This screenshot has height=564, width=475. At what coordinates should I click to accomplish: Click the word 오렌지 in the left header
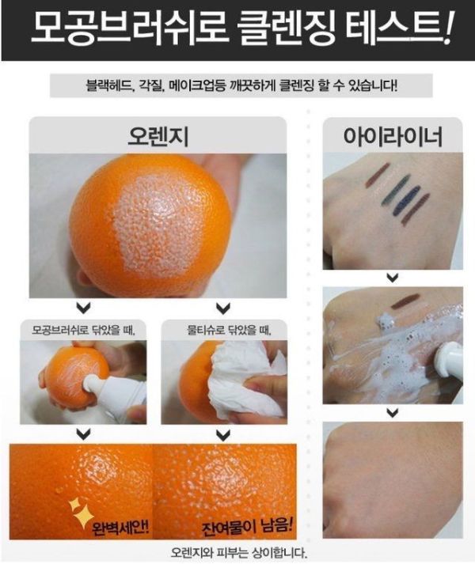pos(158,136)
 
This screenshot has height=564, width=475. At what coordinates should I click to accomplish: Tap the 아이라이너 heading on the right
pos(393,136)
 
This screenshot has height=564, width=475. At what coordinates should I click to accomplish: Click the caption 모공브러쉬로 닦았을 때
pos(84,330)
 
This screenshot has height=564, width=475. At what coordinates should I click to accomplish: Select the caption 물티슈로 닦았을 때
pos(229,330)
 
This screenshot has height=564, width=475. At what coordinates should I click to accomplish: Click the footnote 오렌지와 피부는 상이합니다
pos(239,552)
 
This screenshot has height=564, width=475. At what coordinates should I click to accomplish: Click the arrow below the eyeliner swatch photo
pos(393,278)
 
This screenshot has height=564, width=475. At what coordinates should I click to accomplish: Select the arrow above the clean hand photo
pos(393,412)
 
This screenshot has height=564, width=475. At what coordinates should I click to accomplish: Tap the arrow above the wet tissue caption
pos(223,308)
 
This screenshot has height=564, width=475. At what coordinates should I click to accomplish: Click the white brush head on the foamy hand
pos(447,356)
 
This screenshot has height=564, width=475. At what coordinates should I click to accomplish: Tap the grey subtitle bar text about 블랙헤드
pos(241,85)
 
